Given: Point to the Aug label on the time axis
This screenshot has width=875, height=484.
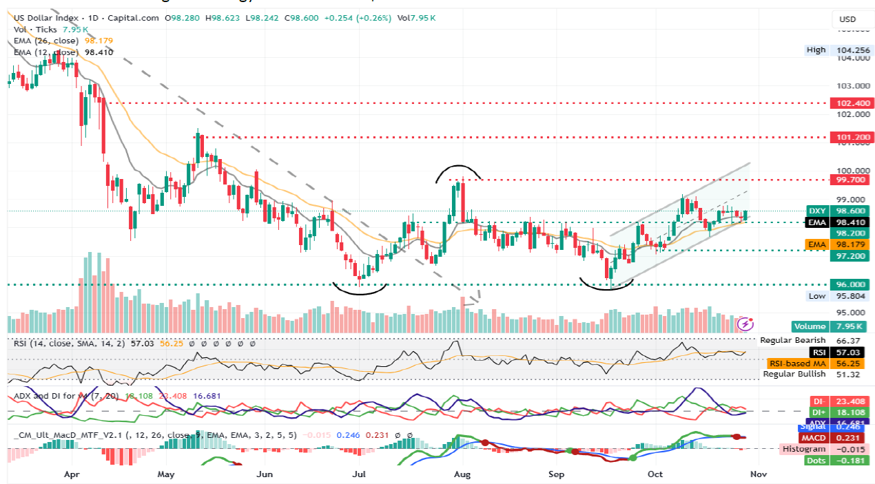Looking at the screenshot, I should coord(462,474).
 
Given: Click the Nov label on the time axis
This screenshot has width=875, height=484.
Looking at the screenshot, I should coord(758,474).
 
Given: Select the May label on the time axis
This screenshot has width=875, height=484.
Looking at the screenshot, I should coord(166,474).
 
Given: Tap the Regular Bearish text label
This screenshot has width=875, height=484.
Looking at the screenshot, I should coord(793,340).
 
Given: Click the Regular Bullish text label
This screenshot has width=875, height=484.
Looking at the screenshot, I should coord(794,374).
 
